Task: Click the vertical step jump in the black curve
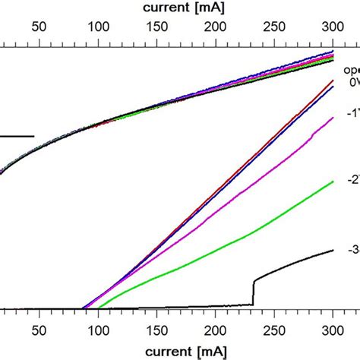tap(253, 292)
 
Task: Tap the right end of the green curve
tap(333, 182)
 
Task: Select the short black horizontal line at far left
tap(17, 137)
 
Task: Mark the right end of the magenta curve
tap(333, 119)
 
